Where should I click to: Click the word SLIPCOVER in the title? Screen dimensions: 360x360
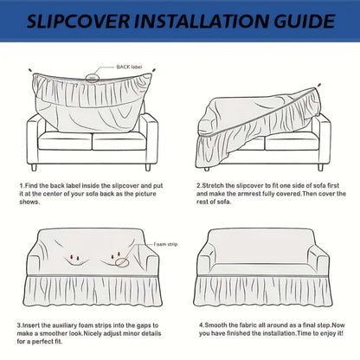(x=79, y=21)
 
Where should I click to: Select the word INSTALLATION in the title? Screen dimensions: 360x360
(x=202, y=21)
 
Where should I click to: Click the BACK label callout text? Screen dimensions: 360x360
(x=129, y=67)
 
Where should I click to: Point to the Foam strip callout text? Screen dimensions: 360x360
(x=165, y=244)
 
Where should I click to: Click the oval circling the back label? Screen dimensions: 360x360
(x=93, y=78)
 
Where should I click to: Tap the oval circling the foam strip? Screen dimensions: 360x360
(x=122, y=262)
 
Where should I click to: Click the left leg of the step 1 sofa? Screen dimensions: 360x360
(x=34, y=167)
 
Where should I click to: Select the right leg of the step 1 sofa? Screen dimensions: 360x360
(x=148, y=167)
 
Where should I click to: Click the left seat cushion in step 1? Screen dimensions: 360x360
(x=65, y=141)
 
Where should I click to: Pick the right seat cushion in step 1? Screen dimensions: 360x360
(x=119, y=141)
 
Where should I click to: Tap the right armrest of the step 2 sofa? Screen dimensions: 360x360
(x=325, y=141)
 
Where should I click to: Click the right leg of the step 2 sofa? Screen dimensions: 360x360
(x=320, y=167)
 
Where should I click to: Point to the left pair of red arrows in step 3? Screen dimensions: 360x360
(x=74, y=258)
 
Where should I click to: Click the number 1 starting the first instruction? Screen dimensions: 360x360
(x=21, y=185)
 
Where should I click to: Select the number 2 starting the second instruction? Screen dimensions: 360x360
(x=198, y=185)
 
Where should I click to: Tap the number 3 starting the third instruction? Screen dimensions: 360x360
(x=19, y=325)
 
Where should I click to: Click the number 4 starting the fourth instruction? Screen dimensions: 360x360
(x=201, y=325)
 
